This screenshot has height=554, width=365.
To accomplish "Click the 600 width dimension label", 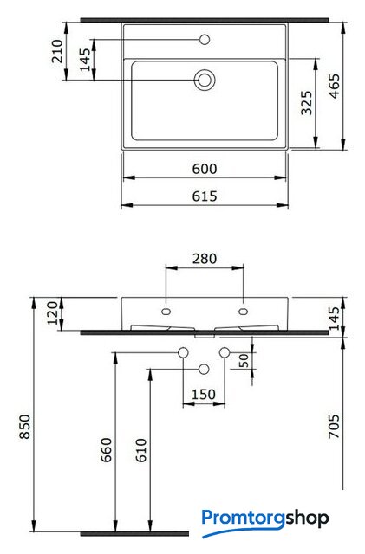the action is point(205,169).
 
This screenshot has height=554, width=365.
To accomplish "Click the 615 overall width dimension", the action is point(205,196).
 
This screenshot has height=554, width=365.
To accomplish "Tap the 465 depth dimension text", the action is point(334,86).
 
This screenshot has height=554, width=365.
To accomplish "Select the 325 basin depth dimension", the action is point(307,103).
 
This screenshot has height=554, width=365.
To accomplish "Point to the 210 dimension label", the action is point(57,51).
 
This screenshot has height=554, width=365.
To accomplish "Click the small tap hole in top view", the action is point(205,40).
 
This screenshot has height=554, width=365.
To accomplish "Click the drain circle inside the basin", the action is point(205,80).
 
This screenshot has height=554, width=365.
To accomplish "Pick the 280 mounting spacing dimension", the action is point(205,259).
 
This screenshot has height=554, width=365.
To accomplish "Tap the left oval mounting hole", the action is point(166,312).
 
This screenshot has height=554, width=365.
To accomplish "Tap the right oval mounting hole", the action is point(244,312).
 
